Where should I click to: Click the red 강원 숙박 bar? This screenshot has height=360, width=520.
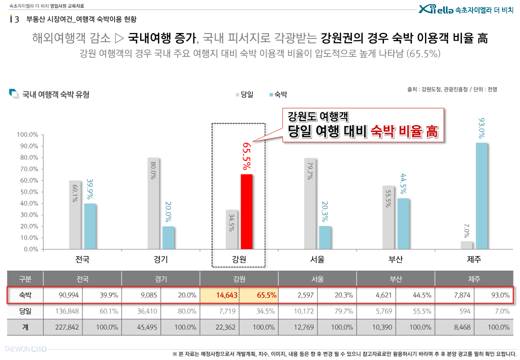coord(246,211)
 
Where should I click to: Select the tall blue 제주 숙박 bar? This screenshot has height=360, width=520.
coord(481,196)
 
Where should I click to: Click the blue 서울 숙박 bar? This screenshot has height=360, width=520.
coord(325,237)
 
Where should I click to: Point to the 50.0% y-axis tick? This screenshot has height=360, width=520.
coord(28,192)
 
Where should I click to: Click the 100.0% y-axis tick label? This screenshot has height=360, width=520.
coord(27,135)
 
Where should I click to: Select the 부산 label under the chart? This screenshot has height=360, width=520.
coord(395,259)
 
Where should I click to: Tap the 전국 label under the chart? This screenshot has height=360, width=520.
coord(82,259)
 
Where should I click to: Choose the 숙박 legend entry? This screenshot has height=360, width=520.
coord(277,94)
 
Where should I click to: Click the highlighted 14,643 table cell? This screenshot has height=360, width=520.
coord(219,295)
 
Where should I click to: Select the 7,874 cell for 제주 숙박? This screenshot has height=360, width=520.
coord(454,295)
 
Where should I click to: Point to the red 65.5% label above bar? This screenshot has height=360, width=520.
coord(246,155)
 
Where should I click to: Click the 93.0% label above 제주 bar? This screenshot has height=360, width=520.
coord(481,128)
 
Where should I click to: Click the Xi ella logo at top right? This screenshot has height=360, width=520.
coord(435,9)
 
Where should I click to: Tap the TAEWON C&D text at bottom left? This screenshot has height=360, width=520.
coord(25,348)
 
